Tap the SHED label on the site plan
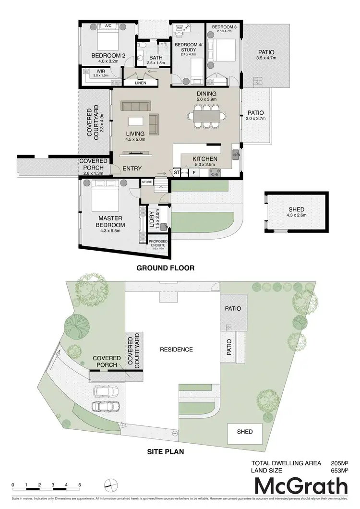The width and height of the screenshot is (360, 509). point(244,431)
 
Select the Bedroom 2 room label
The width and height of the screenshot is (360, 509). point(108,56)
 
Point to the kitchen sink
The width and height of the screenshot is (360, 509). point(236,154)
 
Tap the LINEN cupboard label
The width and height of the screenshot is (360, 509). point(140,83)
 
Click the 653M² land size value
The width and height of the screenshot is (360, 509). point(339,471)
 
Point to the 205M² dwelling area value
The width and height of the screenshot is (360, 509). point(339,463)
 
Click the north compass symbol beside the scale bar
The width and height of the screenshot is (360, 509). point(111,485)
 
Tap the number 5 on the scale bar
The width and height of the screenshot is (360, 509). point(80,485)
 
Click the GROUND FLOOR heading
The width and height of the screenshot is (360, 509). point(166,268)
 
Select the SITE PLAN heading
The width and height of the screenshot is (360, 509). point(166,452)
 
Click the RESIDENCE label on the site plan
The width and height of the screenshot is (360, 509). point(176,350)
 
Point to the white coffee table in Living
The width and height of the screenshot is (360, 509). point(136,121)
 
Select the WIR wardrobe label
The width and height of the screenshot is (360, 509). point(87,71)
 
